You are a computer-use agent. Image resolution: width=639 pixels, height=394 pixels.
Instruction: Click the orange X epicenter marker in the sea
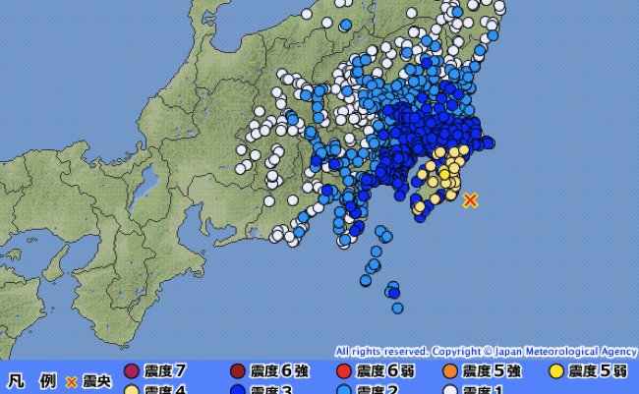pos(471,200)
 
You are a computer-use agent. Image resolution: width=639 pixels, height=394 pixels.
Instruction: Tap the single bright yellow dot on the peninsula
pos(444,174)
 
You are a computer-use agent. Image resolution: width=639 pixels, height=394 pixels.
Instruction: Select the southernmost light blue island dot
pos(398,307)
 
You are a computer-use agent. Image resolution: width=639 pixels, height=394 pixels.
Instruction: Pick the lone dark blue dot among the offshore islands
pos(393,290)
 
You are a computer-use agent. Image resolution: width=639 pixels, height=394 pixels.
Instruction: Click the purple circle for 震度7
pos(132,371)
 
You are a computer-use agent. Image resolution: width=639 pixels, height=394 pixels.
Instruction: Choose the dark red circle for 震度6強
pos(237,371)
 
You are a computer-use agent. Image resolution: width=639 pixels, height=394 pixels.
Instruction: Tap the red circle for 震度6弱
pos(343,371)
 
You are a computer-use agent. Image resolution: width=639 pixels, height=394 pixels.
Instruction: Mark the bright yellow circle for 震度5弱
pos(556,371)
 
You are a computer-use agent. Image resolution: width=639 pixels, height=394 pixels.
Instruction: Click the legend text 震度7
pos(164,371)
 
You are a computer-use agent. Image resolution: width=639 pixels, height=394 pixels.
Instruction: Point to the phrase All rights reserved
pos(380,351)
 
